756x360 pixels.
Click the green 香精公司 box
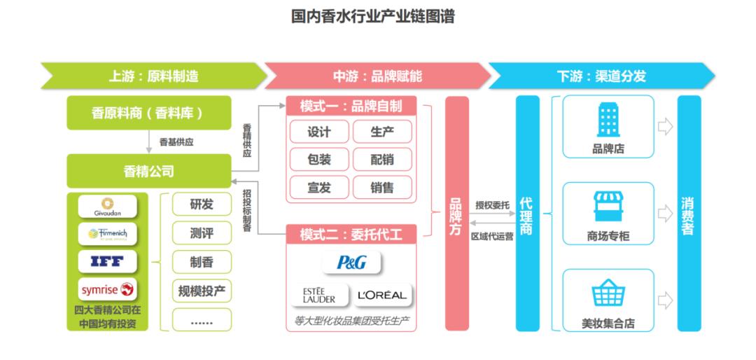click(148, 171)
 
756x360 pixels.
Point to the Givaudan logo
click(108, 207)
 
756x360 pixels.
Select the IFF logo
click(108, 261)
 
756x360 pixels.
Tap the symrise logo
click(108, 289)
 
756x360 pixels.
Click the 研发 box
click(202, 205)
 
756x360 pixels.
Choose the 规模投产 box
click(202, 290)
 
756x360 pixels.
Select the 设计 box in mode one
click(319, 132)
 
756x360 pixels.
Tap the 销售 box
click(382, 187)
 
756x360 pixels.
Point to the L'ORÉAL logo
click(381, 295)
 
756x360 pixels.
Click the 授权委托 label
click(492, 205)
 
